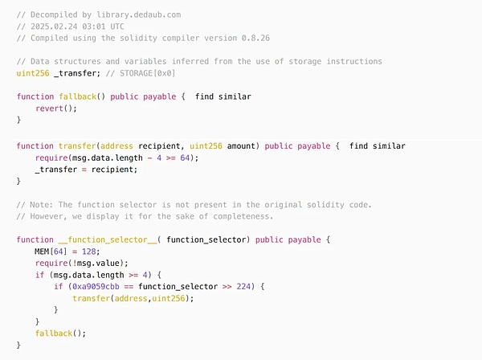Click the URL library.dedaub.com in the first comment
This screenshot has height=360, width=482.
click(139, 14)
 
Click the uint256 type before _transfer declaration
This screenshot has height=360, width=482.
click(33, 73)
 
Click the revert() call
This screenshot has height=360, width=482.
click(56, 108)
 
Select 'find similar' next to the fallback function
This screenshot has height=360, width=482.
click(223, 96)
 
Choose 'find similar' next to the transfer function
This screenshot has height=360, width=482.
click(378, 145)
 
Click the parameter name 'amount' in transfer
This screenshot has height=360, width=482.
click(241, 146)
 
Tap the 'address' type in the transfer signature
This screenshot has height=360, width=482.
click(116, 146)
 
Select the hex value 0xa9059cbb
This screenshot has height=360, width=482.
click(96, 287)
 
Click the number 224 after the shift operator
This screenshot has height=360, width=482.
click(243, 287)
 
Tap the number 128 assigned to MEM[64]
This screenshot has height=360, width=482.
click(89, 252)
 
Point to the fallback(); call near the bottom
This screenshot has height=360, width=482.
click(60, 333)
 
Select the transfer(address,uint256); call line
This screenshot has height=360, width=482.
click(133, 298)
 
